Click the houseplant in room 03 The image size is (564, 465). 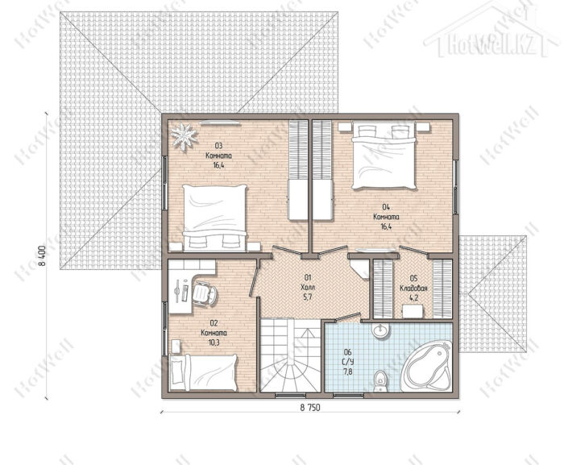[x=184, y=136]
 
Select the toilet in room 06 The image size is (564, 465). [x=379, y=381]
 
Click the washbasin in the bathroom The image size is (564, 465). [x=381, y=330]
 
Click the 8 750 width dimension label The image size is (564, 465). [x=309, y=407]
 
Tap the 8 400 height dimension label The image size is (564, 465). [x=43, y=255]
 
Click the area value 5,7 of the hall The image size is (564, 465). [x=308, y=297]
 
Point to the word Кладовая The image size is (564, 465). [x=413, y=289]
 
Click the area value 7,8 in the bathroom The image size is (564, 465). [x=348, y=372]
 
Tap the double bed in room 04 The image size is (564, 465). [x=384, y=156]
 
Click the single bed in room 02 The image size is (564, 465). [x=203, y=373]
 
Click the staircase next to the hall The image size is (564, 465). [x=290, y=355]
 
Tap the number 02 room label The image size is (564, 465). [x=214, y=323]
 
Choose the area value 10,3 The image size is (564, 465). [x=214, y=343]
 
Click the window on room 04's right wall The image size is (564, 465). [x=456, y=187]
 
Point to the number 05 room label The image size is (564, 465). [x=413, y=278]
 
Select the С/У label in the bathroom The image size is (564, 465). [x=348, y=362]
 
